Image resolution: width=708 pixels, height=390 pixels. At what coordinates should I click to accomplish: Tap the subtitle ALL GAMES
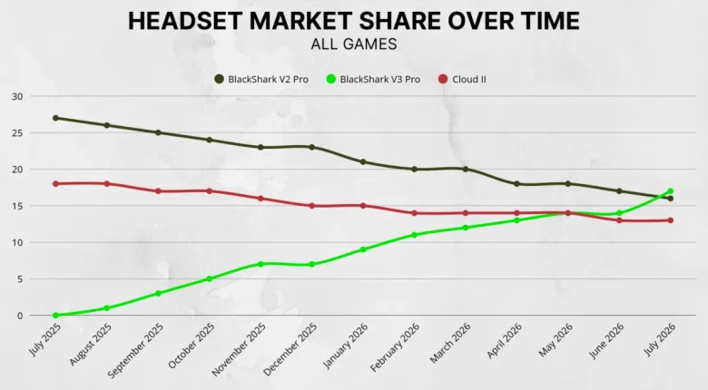click(x=354, y=44)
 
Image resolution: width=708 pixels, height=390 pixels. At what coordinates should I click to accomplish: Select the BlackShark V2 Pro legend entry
click(x=261, y=80)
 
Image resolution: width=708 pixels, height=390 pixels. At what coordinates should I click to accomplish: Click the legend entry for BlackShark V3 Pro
click(x=373, y=80)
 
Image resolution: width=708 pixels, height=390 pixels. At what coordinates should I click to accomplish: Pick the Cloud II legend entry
click(x=462, y=80)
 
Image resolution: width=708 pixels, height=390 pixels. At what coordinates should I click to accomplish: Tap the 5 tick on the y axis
click(x=20, y=279)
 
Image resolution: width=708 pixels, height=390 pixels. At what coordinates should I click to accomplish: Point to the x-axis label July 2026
click(x=660, y=339)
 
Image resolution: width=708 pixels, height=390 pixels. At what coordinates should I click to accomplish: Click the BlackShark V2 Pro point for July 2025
click(x=55, y=118)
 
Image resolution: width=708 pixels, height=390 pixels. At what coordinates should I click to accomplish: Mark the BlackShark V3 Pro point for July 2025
click(x=55, y=315)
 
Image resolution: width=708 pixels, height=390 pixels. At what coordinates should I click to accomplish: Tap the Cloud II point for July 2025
click(x=55, y=184)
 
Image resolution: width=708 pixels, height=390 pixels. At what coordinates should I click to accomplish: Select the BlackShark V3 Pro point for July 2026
click(x=671, y=191)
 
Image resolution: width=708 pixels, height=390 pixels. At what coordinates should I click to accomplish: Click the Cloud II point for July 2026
click(x=671, y=220)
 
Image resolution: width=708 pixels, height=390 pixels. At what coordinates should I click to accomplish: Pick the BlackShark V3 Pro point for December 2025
click(x=312, y=264)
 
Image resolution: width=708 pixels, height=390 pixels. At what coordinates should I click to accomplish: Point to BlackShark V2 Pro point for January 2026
click(x=363, y=161)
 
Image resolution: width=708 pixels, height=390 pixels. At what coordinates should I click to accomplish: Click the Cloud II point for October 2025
click(x=210, y=191)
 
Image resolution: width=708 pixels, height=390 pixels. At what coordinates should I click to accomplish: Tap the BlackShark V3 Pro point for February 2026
click(x=415, y=235)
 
